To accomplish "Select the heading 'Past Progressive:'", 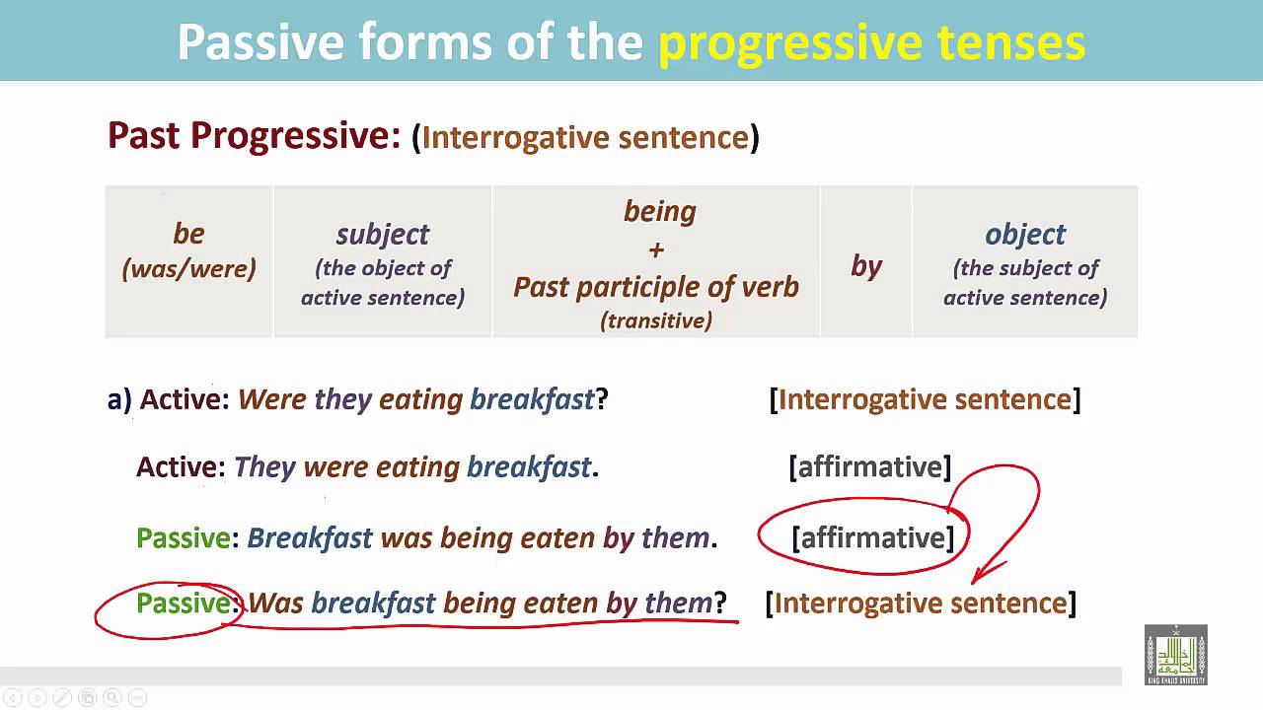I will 254,135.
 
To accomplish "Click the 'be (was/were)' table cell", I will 188,250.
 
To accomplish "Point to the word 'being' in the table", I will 659,211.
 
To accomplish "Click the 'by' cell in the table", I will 866,265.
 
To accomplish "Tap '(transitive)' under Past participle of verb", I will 656,320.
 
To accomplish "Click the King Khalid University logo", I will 1175,655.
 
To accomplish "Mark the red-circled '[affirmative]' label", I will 872,537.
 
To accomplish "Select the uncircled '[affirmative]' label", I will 869,466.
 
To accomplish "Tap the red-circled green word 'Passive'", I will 184,603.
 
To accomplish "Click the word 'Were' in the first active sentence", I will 272,399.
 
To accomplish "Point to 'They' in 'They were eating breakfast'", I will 264,466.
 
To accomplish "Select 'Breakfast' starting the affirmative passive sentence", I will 310,537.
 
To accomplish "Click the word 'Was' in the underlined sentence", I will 276,603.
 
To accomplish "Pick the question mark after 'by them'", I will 720,603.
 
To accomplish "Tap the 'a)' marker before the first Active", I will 119,399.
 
